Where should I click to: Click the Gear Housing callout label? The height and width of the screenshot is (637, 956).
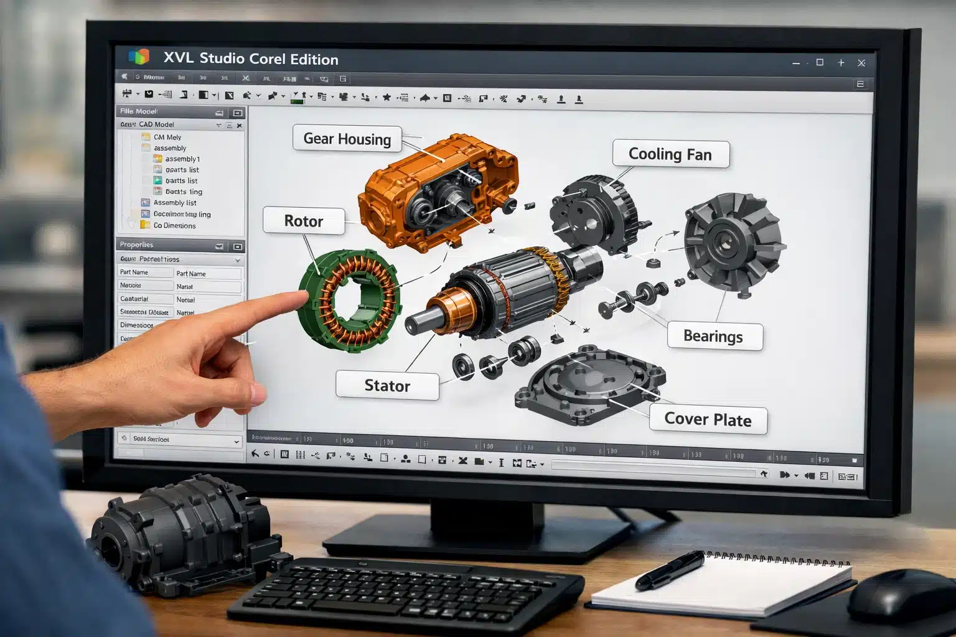(x=347, y=139)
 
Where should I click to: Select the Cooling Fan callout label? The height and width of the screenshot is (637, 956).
(x=670, y=154)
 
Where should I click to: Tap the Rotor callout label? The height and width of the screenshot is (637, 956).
(x=304, y=221)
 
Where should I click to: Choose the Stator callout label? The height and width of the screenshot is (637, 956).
(x=387, y=386)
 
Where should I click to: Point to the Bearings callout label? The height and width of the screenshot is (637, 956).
(x=713, y=337)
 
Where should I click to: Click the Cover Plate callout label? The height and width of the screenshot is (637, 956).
(x=708, y=419)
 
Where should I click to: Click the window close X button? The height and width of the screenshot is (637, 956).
(x=861, y=63)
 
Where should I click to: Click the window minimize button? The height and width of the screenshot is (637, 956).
(x=796, y=63)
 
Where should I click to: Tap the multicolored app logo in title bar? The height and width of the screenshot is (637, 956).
(x=139, y=57)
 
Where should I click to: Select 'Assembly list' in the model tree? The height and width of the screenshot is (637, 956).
(x=174, y=203)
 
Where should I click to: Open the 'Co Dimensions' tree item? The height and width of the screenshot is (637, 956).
(x=174, y=226)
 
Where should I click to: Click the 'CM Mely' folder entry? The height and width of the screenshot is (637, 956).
(x=167, y=137)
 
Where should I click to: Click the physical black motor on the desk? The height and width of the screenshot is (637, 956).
(x=180, y=535)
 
